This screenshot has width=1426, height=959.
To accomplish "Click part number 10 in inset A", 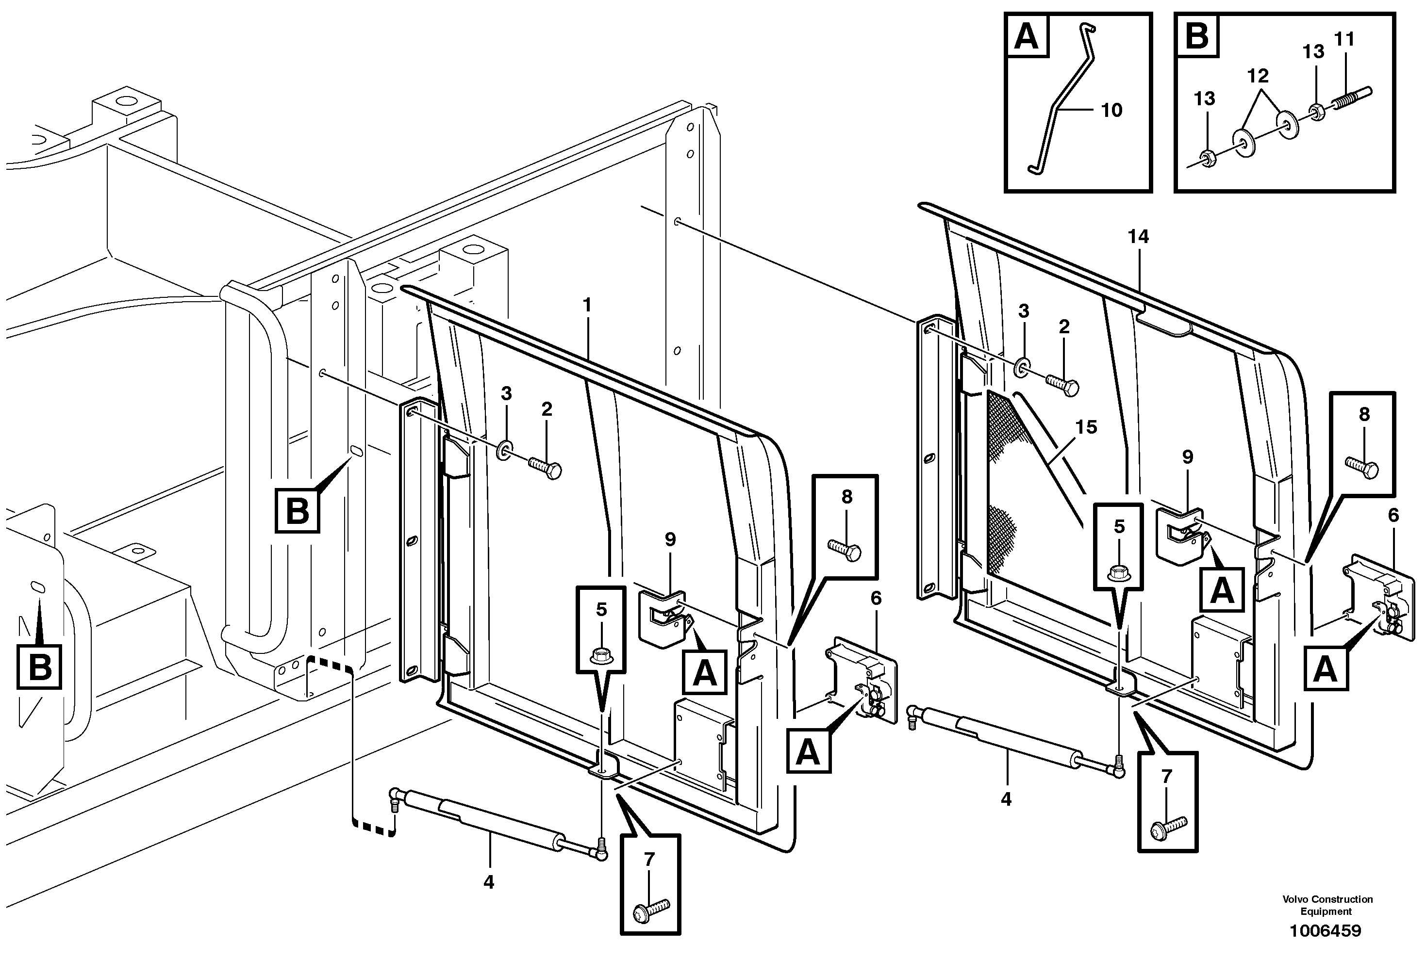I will tap(1111, 110).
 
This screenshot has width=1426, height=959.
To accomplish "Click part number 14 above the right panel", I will tap(1138, 237).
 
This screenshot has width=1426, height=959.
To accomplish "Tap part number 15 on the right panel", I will tap(1086, 427).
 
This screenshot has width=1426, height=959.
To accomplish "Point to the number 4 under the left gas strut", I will tap(488, 882).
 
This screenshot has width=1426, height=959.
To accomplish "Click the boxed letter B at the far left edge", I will tap(40, 666).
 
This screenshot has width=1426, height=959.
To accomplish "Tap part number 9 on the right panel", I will tap(1187, 457).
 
